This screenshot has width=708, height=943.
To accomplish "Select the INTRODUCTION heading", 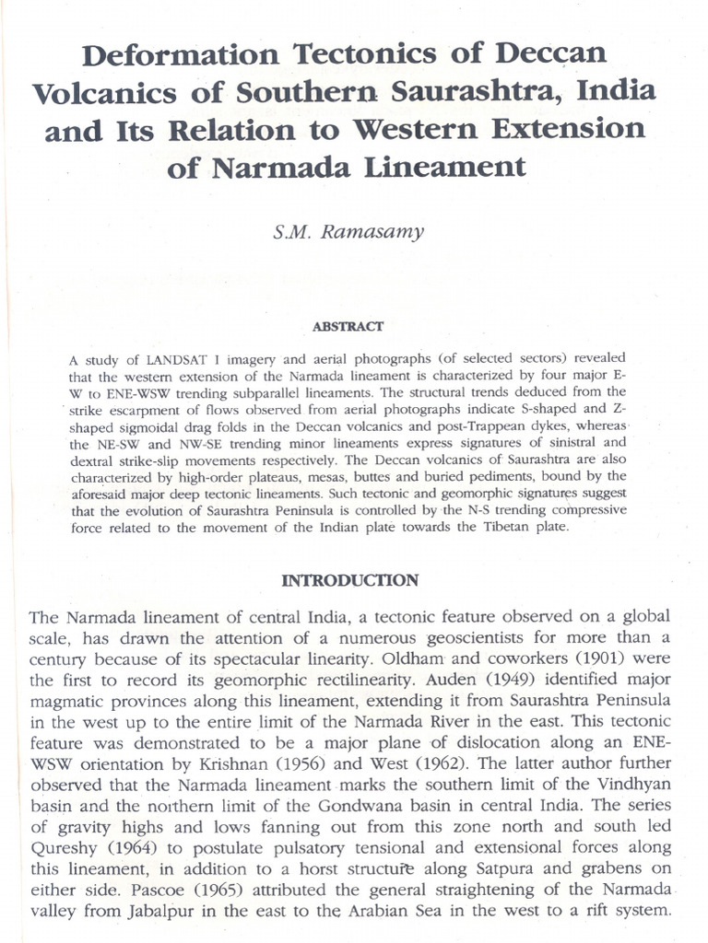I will tap(349, 580).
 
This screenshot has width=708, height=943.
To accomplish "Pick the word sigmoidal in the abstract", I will tap(157, 418).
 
